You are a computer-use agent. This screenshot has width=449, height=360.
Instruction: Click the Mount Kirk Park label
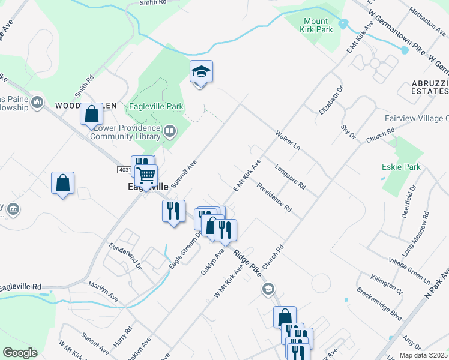click(316, 26)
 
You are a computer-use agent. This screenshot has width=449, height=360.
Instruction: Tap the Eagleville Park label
click(156, 107)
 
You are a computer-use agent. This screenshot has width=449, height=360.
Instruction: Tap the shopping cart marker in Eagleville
click(146, 176)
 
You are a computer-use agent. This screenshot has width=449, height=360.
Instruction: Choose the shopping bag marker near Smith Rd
click(91, 113)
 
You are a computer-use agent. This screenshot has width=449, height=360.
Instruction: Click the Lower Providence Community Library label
click(125, 132)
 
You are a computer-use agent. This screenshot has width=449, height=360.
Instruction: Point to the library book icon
click(170, 130)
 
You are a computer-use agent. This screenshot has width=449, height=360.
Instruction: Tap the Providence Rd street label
click(274, 197)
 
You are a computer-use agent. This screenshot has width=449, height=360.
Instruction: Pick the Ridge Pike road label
click(245, 263)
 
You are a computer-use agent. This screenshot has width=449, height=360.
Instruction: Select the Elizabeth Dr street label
click(331, 100)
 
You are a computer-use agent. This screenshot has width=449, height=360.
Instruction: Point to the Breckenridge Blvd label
click(380, 305)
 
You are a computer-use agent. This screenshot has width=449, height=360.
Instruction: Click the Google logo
click(20, 353)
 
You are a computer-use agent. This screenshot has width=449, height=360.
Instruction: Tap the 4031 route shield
click(124, 170)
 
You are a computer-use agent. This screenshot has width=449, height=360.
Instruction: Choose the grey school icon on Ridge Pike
click(268, 289)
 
